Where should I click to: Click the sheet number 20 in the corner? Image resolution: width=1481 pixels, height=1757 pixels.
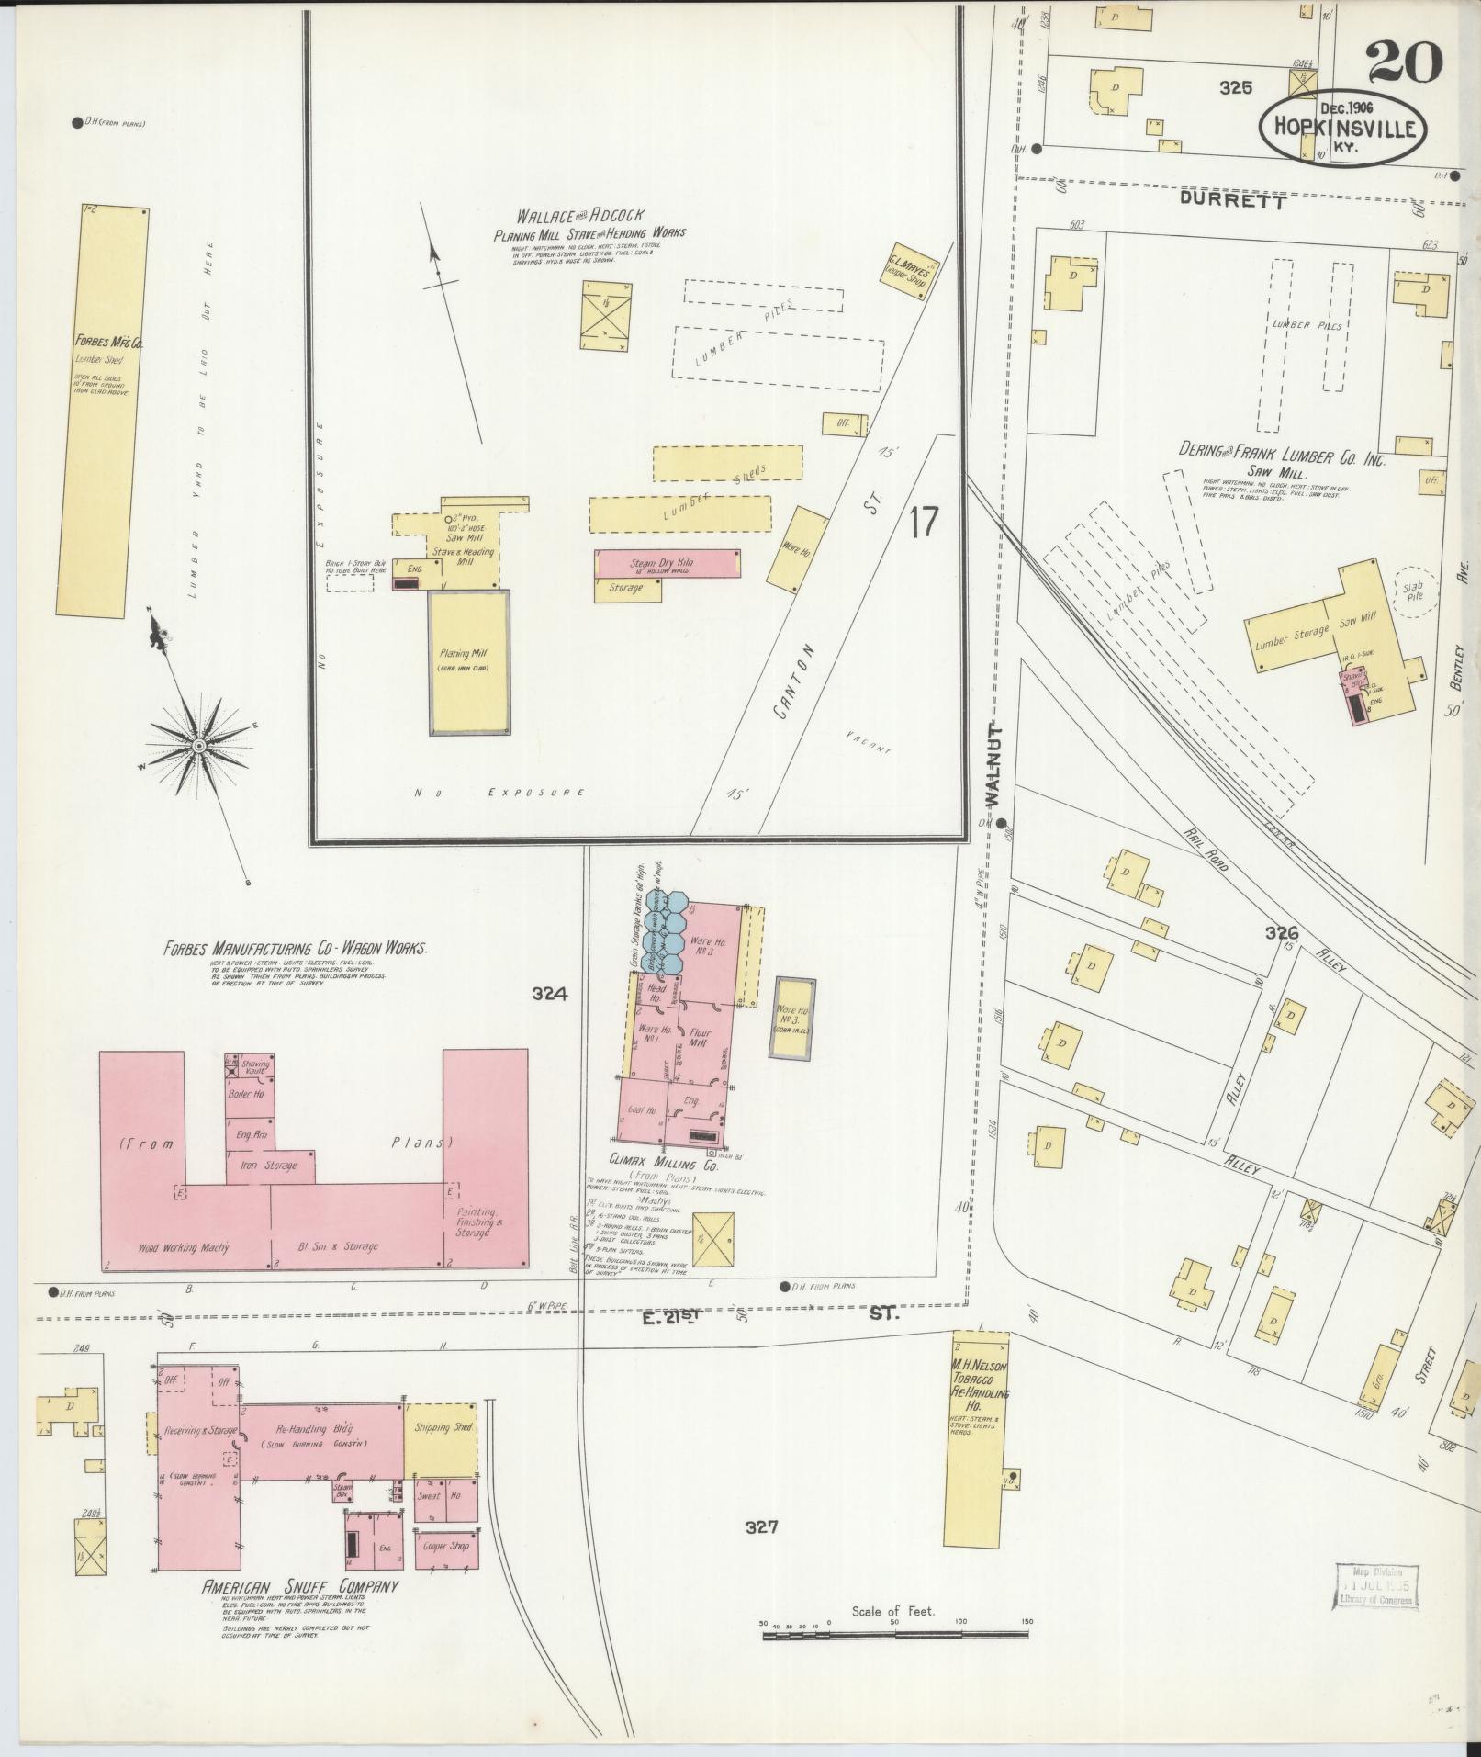coord(1404,62)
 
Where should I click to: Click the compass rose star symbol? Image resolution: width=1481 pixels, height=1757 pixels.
coord(196,747)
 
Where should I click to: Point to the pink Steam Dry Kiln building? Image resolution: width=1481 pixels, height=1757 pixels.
coord(668,564)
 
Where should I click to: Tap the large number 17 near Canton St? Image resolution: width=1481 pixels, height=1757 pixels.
coord(924,522)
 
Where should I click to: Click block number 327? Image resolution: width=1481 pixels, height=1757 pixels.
coord(761,1527)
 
